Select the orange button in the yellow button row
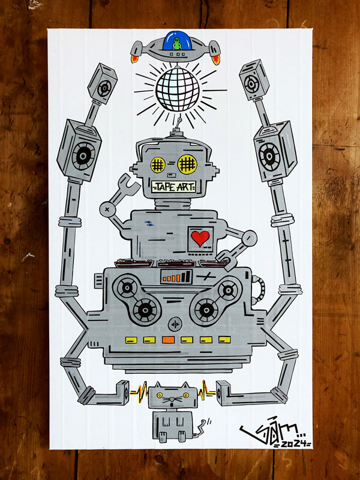168,340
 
